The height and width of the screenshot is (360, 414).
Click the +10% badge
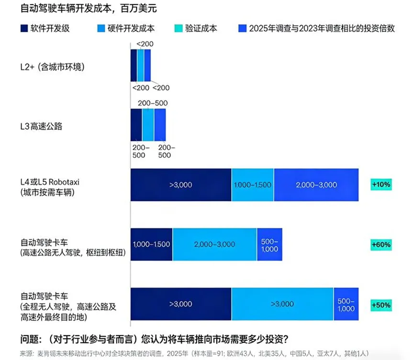[381, 184]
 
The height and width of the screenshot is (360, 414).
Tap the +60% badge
[381, 244]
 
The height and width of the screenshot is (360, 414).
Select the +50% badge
[381, 304]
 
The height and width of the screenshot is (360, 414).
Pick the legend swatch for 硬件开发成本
[101, 28]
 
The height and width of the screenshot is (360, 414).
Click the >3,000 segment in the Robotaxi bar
[180, 185]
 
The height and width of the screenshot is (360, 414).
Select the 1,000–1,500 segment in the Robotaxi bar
[252, 185]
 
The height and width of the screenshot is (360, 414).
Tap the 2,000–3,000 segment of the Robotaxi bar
[316, 185]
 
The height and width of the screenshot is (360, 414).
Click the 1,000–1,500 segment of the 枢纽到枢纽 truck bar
[151, 244]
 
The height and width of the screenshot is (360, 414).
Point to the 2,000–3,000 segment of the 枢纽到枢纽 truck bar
[214, 244]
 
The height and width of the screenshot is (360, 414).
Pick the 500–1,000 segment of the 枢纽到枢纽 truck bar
[269, 244]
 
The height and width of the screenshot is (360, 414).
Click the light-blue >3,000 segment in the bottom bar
[282, 304]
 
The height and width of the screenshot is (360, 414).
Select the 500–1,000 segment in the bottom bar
[346, 304]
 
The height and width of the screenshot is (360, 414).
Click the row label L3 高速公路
[42, 127]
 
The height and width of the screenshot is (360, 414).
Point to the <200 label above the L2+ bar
[145, 44]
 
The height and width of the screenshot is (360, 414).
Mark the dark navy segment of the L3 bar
[136, 124]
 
